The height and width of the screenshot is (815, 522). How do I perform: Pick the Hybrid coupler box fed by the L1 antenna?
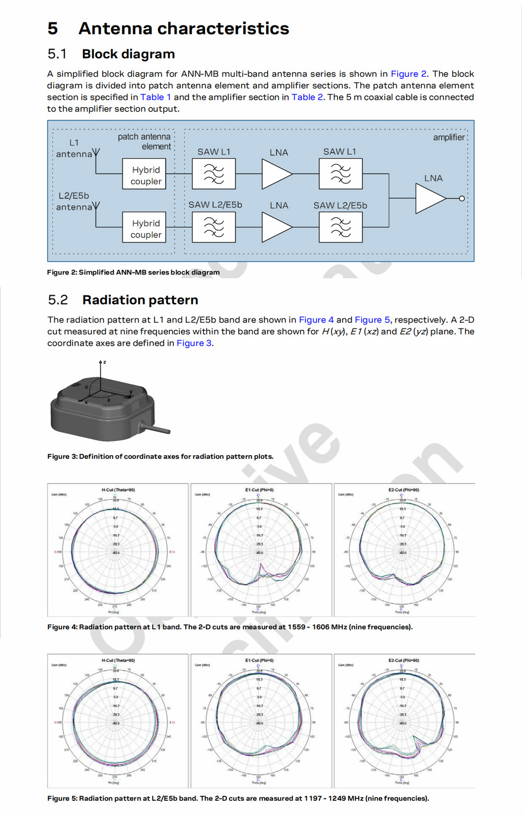[144, 174]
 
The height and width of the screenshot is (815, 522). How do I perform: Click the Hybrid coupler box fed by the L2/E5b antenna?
[144, 227]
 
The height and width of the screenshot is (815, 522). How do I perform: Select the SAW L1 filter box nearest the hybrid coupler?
[213, 174]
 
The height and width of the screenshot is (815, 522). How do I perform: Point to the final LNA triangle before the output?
[429, 198]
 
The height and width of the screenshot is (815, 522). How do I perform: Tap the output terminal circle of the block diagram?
[461, 198]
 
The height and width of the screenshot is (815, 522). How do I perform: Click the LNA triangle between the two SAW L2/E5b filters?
[276, 228]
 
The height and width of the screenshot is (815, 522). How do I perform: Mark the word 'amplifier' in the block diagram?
[448, 137]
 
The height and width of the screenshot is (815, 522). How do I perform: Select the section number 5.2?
[58, 300]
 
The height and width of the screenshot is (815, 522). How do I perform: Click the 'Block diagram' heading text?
[128, 54]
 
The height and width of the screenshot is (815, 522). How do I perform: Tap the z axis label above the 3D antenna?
[104, 362]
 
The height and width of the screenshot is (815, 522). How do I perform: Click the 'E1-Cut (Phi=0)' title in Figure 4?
[259, 490]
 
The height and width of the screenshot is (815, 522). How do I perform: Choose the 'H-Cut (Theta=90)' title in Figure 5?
[118, 660]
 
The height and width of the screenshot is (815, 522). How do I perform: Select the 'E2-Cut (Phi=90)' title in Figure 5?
[404, 660]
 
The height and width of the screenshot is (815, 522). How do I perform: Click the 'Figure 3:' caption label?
[62, 456]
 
